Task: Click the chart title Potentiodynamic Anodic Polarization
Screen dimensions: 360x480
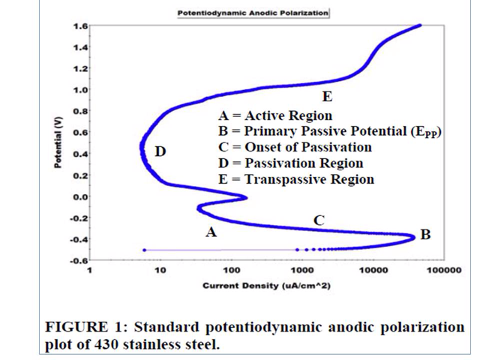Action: click(252, 13)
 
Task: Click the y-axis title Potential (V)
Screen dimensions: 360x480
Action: click(58, 142)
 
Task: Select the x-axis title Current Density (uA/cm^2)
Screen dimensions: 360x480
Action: click(267, 286)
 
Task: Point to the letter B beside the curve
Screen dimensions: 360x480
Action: click(425, 235)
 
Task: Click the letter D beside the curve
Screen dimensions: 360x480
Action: click(160, 151)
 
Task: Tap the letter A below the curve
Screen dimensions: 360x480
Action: click(211, 232)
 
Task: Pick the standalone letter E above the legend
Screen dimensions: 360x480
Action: click(326, 97)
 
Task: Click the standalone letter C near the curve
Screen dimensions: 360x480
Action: click(319, 220)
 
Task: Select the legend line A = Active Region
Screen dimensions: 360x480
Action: click(274, 115)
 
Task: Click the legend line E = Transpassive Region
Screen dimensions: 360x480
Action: click(295, 179)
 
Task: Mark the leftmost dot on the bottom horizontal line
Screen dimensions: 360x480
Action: click(144, 250)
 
